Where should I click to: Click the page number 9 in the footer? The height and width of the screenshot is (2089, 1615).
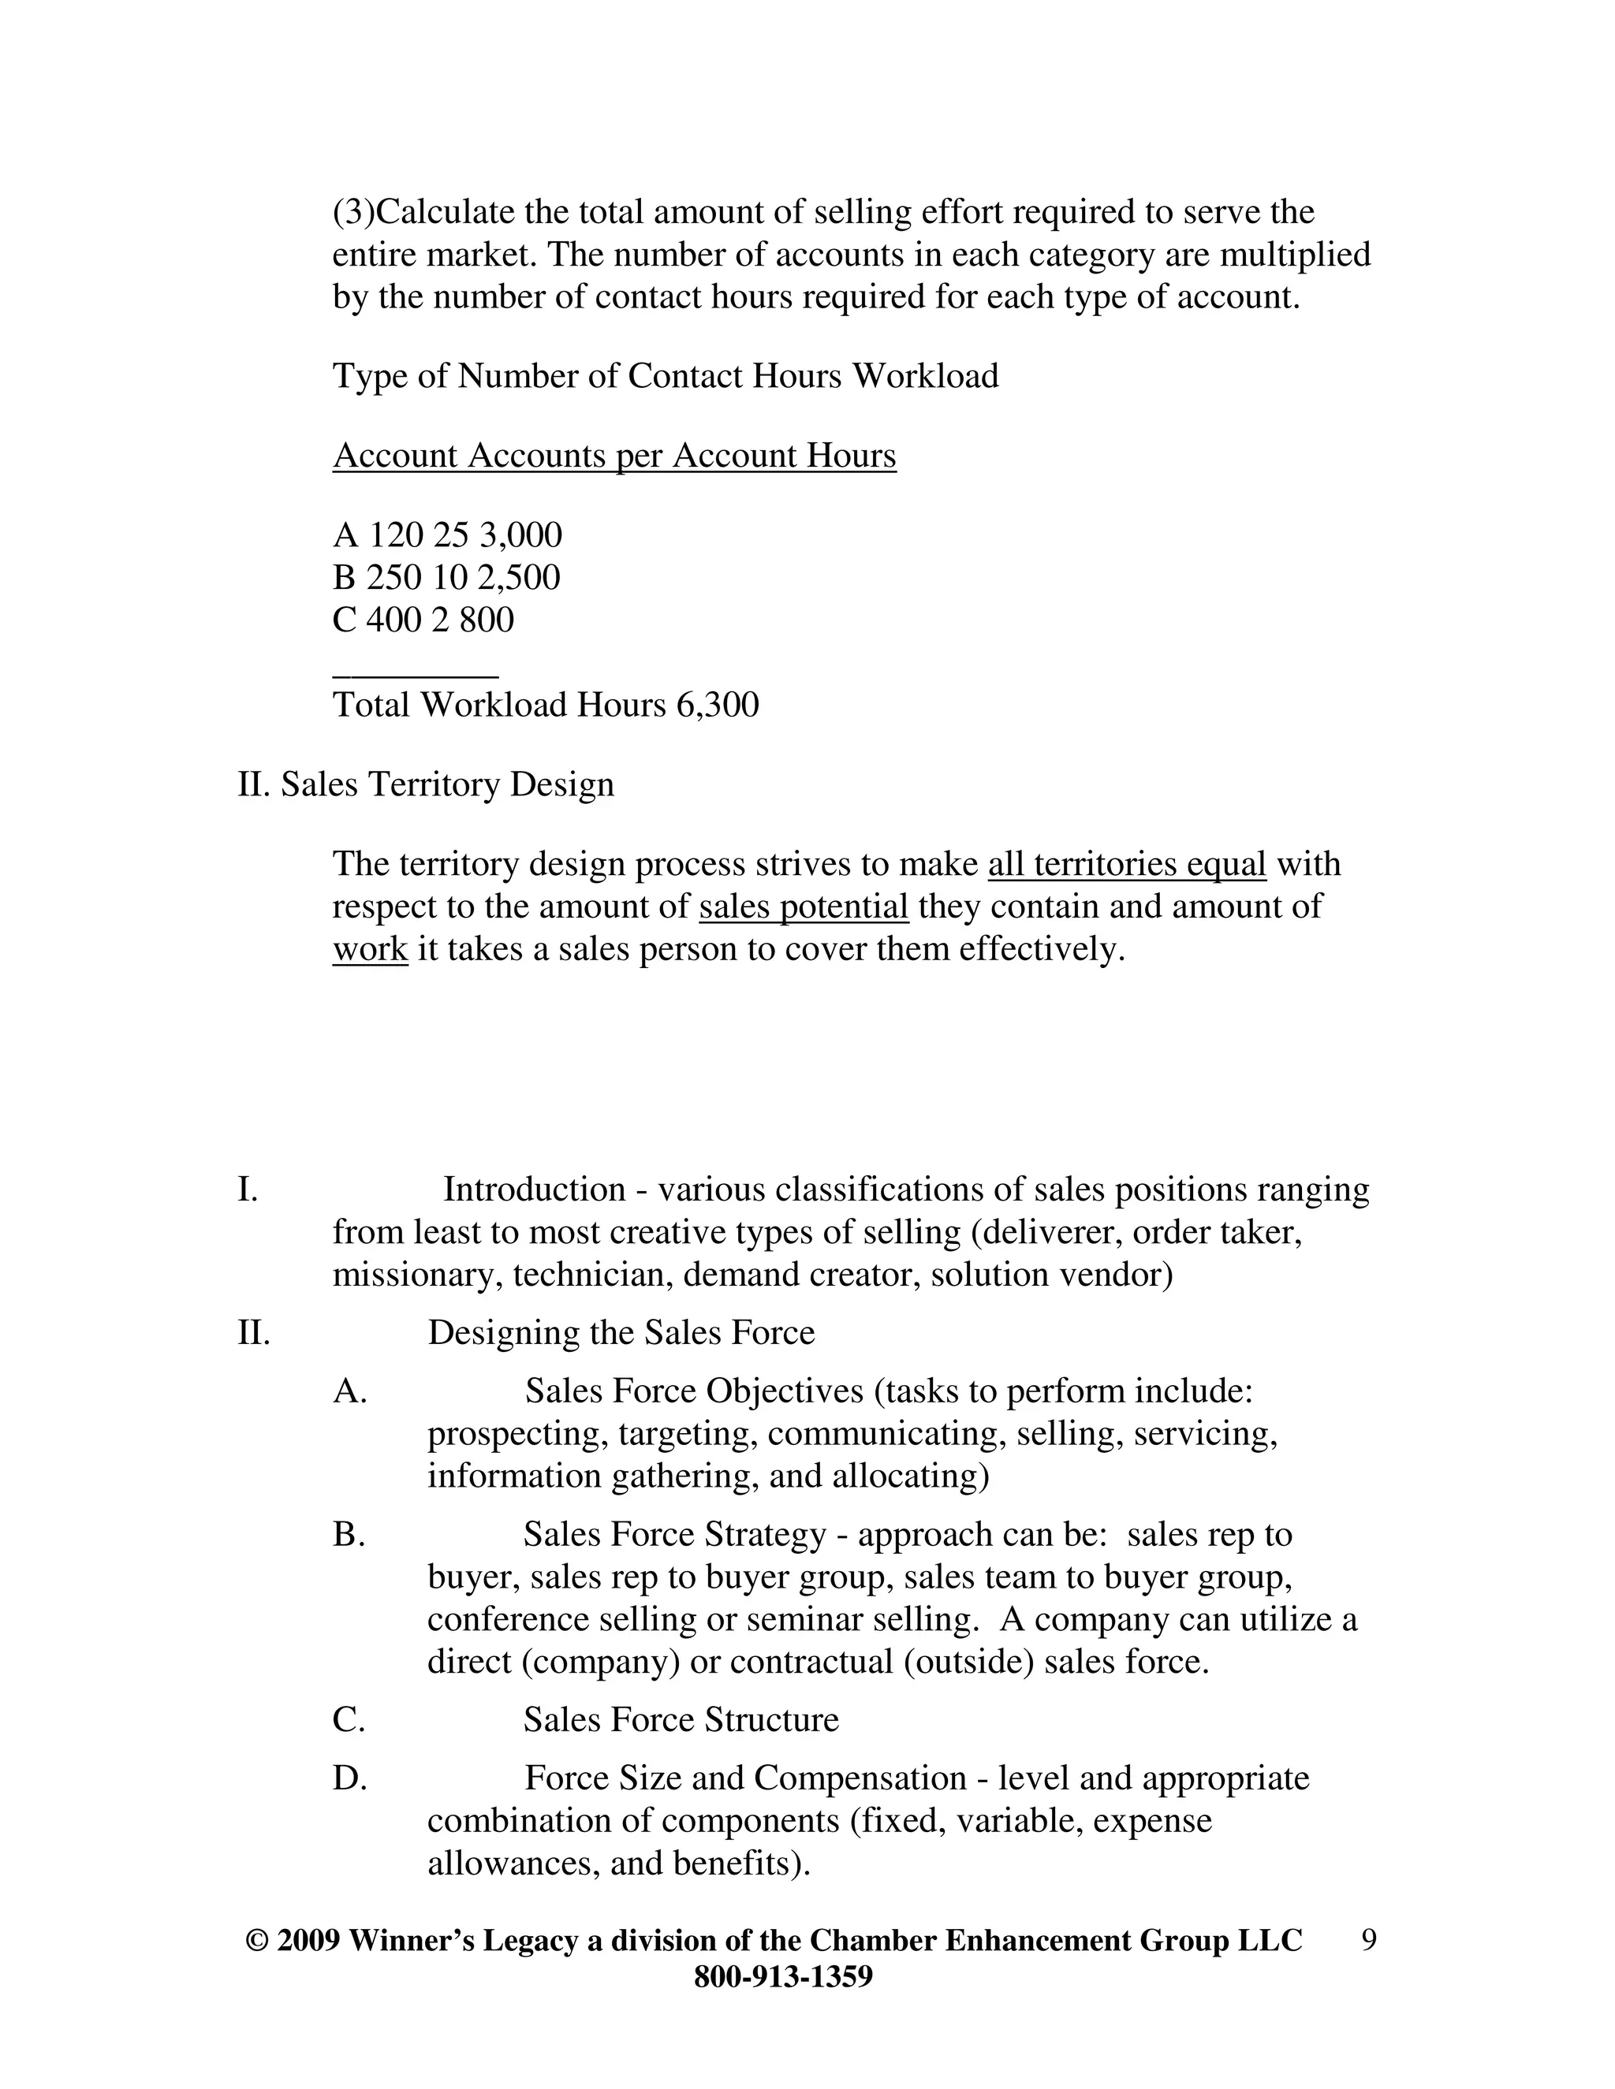[x=1368, y=1940]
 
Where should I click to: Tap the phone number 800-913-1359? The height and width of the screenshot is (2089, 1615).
[x=782, y=1976]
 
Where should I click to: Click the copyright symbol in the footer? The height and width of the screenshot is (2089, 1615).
[x=255, y=1941]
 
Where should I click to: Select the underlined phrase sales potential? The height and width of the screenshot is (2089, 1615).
[x=804, y=907]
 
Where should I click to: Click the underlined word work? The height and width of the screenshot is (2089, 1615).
[x=371, y=949]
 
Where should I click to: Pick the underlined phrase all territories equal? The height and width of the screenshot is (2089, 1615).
[x=1126, y=864]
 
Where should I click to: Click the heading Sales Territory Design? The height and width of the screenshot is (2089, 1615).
[x=447, y=784]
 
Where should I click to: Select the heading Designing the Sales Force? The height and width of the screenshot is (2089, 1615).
[x=621, y=1332]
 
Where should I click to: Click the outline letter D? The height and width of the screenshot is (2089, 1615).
[x=349, y=1778]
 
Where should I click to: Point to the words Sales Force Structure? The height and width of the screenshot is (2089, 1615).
[x=681, y=1720]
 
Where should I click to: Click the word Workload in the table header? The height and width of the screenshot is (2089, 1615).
[x=925, y=376]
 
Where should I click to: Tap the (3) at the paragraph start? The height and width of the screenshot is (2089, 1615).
[x=354, y=212]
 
